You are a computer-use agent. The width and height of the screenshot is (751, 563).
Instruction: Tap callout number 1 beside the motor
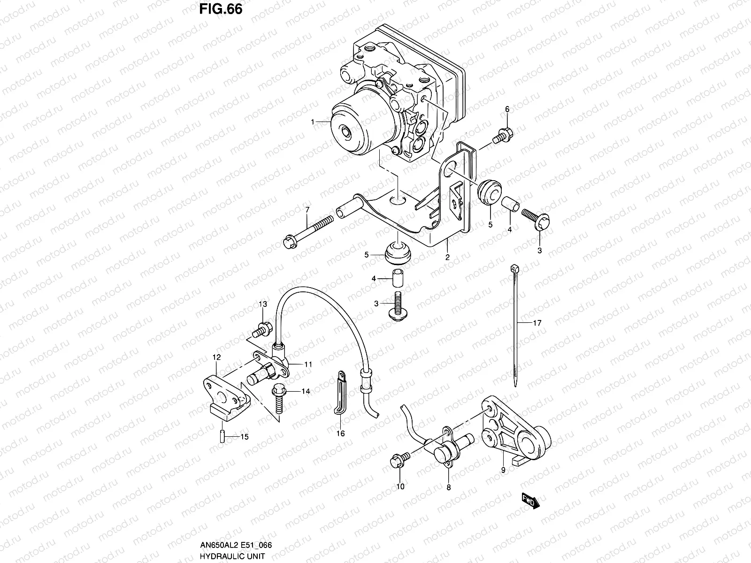[x=312, y=109]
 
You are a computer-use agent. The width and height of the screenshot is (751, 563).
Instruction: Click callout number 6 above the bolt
[x=507, y=109]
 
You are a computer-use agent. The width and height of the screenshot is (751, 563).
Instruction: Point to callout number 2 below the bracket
[x=447, y=257]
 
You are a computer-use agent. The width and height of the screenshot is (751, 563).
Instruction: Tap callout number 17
[x=537, y=323]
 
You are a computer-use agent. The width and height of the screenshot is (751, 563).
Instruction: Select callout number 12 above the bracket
[x=216, y=358]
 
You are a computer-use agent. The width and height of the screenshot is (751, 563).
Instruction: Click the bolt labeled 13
[x=261, y=328]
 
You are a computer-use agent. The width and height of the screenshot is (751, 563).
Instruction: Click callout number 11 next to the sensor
[x=308, y=364]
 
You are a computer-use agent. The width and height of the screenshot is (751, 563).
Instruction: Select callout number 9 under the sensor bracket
[x=503, y=469]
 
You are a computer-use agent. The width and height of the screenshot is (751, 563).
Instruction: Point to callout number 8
[x=448, y=487]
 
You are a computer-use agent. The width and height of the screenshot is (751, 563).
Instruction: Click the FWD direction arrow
[x=530, y=501]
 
